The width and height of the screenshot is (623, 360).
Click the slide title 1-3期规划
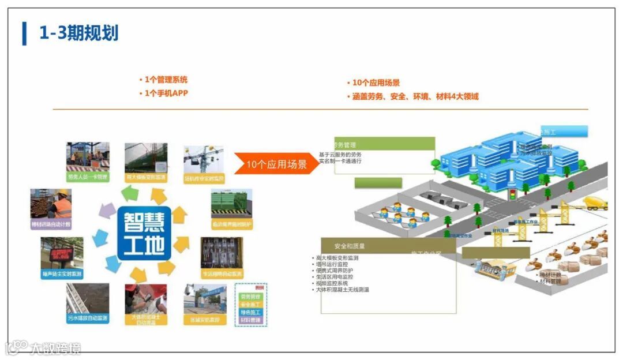[78, 33]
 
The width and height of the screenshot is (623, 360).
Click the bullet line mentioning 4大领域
[415, 96]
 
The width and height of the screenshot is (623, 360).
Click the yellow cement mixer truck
[595, 202]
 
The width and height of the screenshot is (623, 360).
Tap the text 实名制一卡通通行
[340, 161]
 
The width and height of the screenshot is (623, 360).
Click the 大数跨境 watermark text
[55, 348]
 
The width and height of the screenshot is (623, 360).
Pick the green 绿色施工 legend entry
[251, 312]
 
